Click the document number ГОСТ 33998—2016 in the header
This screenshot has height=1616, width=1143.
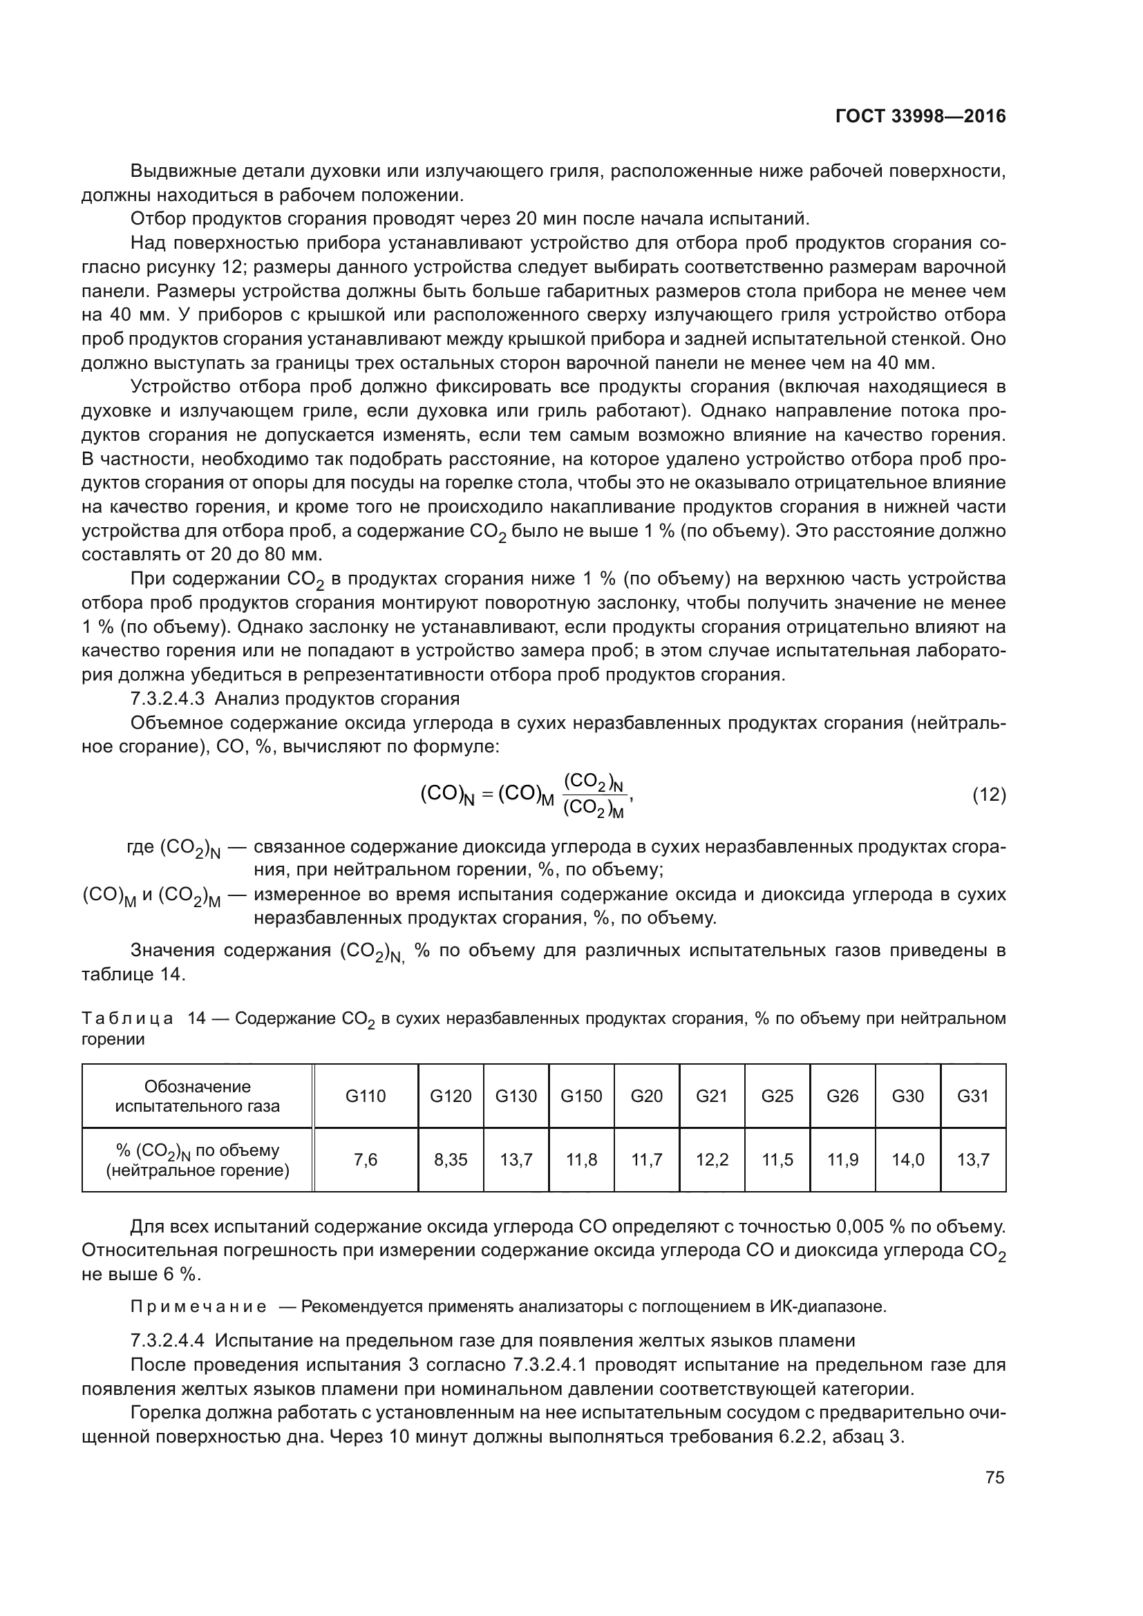tap(920, 116)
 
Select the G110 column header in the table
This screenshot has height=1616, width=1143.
tap(366, 1096)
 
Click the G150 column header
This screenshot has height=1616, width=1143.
tap(581, 1096)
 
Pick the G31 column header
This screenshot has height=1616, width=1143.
tap(973, 1096)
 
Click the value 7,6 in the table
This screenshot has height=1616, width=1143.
tap(366, 1159)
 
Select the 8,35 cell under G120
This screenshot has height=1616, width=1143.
tap(451, 1159)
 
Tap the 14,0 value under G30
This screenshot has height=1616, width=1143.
tap(908, 1159)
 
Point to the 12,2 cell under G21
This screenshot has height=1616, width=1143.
tap(712, 1159)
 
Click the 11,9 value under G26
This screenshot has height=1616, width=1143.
tap(842, 1159)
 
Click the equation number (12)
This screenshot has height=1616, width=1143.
tap(989, 795)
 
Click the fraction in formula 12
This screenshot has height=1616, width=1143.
tap(594, 795)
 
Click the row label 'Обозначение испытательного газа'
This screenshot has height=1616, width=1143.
tap(197, 1096)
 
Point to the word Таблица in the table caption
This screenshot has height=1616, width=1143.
tap(127, 1018)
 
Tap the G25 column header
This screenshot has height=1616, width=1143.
tap(777, 1096)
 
